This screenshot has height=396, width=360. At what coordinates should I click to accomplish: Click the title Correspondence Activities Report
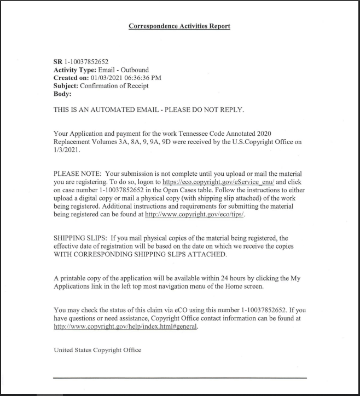point(179,26)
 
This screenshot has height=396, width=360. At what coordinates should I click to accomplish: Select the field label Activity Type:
point(74,70)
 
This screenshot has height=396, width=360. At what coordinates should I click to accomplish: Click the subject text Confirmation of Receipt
point(114,85)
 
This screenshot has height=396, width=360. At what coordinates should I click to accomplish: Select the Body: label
point(62,94)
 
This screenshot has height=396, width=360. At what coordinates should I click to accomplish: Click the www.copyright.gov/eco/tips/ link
point(195,214)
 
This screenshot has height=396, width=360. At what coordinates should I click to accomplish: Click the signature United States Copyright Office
point(97,350)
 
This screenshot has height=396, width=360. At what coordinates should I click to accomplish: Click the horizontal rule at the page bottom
point(179,378)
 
